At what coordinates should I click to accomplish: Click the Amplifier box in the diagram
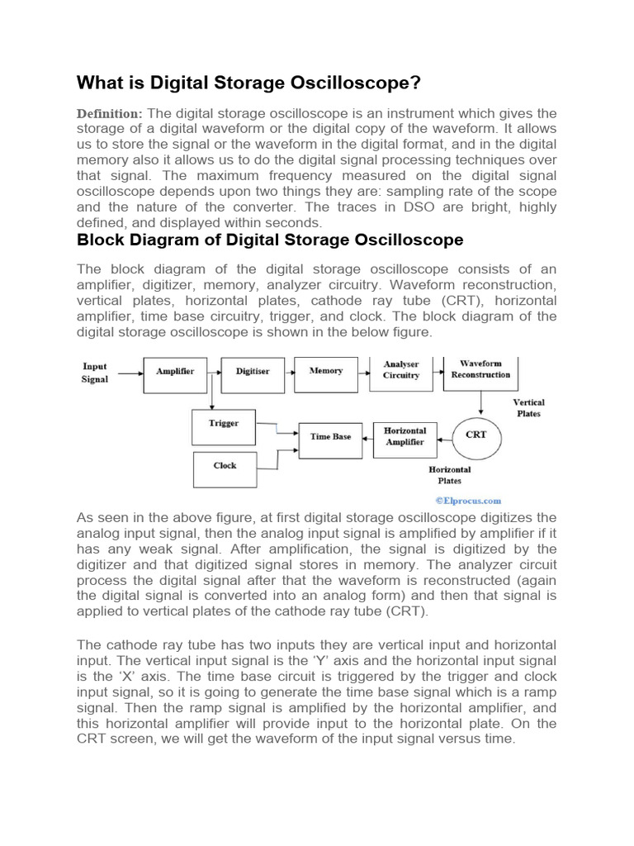(x=175, y=372)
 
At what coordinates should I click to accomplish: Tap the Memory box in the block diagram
(x=325, y=371)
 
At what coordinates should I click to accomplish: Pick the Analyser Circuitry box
(x=401, y=369)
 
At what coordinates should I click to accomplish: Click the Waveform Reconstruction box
(x=480, y=369)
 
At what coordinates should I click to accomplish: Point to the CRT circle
(x=476, y=435)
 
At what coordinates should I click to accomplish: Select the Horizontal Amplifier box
(x=405, y=436)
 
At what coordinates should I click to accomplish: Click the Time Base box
(x=330, y=436)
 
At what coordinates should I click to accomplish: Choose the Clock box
(x=225, y=466)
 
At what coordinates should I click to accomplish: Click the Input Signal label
(x=96, y=373)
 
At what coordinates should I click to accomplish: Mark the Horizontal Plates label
(x=450, y=474)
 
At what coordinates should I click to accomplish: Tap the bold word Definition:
(x=110, y=113)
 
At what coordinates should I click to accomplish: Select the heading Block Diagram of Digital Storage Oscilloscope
(x=270, y=240)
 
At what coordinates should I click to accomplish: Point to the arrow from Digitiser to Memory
(x=284, y=373)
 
